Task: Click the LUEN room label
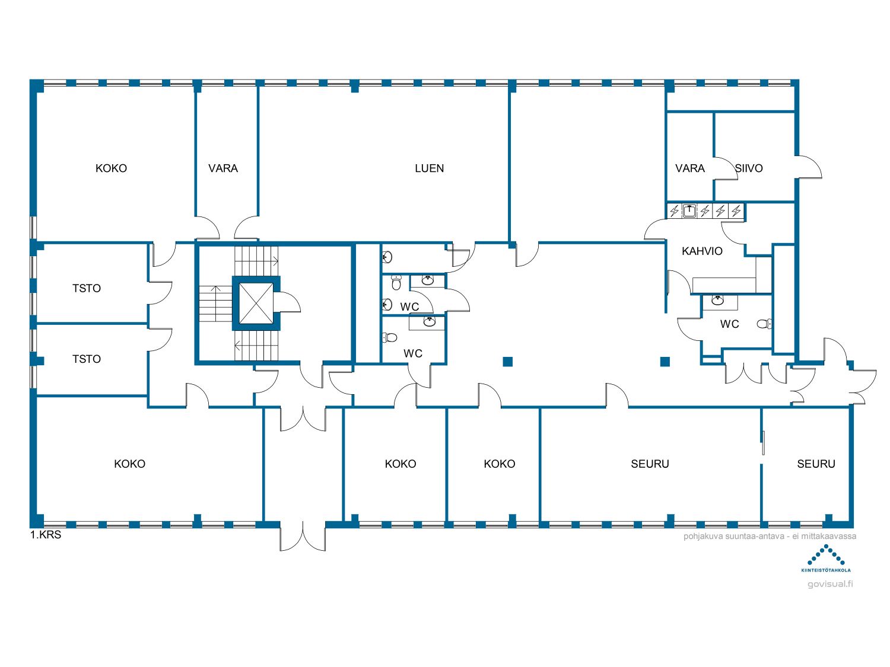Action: [x=429, y=168]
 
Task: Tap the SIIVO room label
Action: [x=749, y=168]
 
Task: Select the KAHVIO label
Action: [x=702, y=251]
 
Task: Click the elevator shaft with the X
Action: [x=256, y=304]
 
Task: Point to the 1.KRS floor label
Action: [x=46, y=535]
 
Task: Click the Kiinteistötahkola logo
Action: [x=826, y=559]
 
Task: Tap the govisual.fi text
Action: [x=830, y=584]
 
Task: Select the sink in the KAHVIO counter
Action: [x=689, y=210]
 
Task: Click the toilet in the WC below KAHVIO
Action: [x=764, y=324]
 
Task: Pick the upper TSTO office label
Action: [x=87, y=288]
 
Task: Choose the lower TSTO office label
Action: [x=87, y=359]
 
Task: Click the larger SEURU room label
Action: [x=650, y=464]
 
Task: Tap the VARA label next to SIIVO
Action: [x=689, y=168]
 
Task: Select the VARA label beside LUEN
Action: [x=223, y=168]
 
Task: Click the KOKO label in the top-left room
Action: [x=111, y=168]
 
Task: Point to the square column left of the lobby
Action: [x=508, y=362]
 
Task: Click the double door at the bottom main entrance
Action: [x=303, y=537]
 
